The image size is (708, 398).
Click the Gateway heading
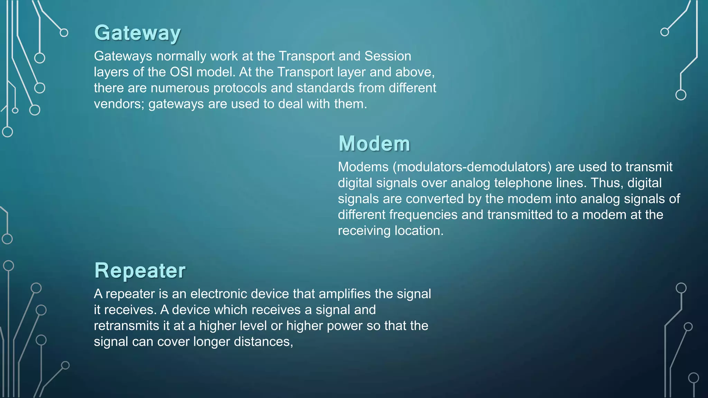tap(137, 33)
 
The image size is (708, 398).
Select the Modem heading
tap(374, 144)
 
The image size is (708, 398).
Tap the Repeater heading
tap(140, 271)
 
